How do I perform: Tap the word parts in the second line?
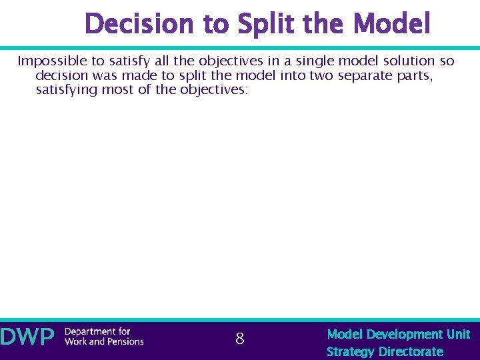[415, 75]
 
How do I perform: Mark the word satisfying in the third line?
[66, 89]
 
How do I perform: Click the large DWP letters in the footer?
[27, 337]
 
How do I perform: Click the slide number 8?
[240, 339]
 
